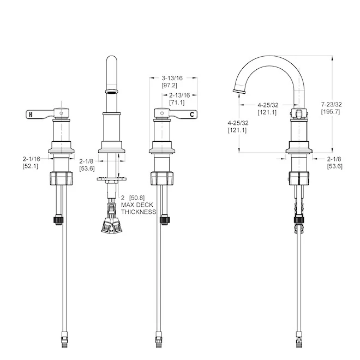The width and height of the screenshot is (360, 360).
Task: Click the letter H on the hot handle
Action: coord(31,114)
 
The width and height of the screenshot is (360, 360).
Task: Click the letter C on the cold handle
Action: coord(192,114)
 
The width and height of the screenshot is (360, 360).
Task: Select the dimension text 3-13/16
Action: coord(172,78)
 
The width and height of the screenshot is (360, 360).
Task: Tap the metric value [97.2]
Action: coord(170,86)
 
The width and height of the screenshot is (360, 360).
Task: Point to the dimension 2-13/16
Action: coord(179,95)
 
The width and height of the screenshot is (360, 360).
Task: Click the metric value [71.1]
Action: coord(177,103)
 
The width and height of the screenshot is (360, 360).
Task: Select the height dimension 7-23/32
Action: coord(331,105)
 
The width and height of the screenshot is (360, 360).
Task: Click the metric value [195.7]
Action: coord(331,112)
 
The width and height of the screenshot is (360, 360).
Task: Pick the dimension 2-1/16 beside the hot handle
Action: coord(32,159)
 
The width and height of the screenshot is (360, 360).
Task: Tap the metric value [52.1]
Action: coord(31,166)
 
